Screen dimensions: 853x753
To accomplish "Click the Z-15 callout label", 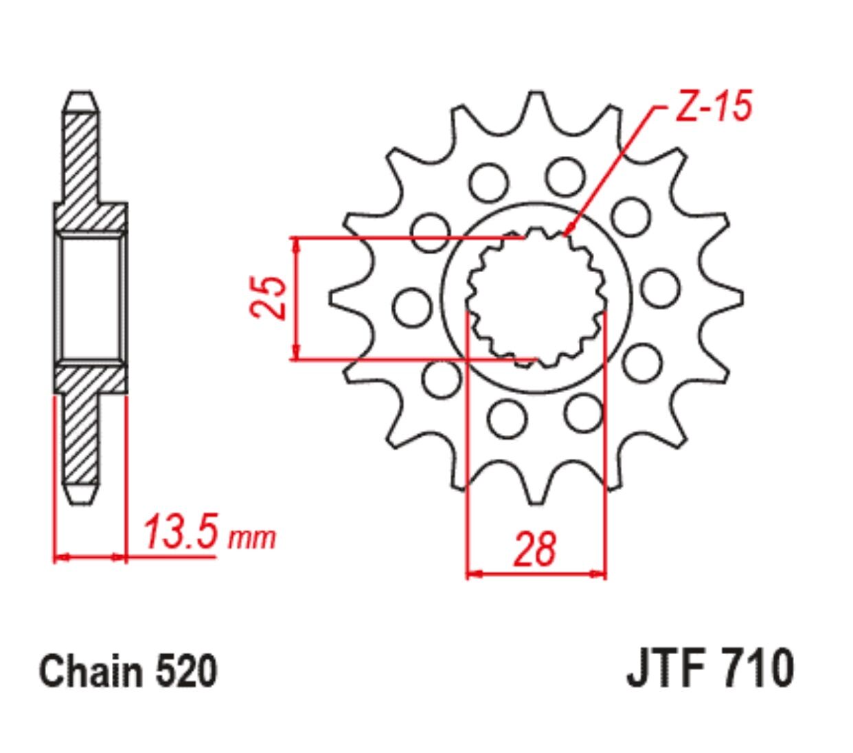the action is [x=713, y=106].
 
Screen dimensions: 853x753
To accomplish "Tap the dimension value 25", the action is [x=268, y=297].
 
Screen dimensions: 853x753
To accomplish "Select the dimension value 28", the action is [x=535, y=548].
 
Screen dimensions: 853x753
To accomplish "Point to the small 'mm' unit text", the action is [x=252, y=539].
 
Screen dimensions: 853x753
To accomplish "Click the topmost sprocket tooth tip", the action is [x=536, y=93].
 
